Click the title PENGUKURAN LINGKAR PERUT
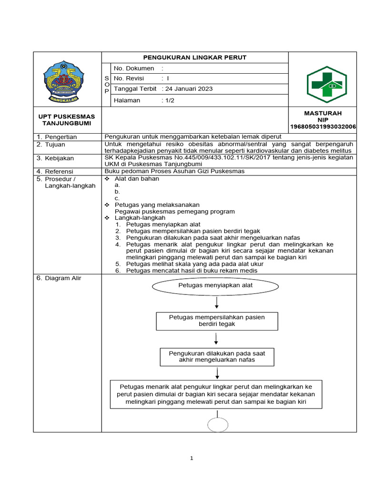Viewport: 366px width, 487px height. click(195, 58)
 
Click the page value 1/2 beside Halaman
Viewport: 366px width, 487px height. click(169, 100)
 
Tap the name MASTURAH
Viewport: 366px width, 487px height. click(323, 113)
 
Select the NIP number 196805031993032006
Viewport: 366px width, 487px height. click(323, 127)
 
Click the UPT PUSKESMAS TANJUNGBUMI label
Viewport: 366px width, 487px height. click(67, 120)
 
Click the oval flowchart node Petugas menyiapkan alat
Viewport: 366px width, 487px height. click(215, 286)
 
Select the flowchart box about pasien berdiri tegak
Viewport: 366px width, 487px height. click(217, 321)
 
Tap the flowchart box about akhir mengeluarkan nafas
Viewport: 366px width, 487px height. click(217, 357)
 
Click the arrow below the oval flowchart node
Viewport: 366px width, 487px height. click(217, 303)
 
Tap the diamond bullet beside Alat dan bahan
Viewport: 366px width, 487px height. click(107, 179)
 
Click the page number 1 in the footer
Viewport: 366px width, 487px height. click(192, 458)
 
